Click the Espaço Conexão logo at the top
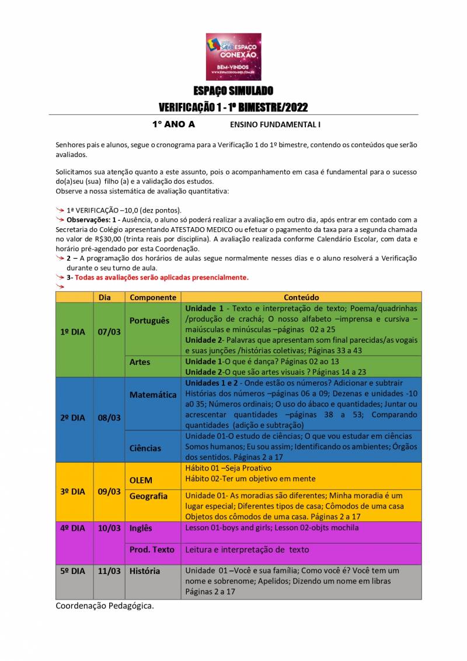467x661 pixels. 233,56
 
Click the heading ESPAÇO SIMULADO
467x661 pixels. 233,91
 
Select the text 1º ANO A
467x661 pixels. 173,124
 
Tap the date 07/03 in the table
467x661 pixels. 109,332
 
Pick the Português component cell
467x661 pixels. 149,321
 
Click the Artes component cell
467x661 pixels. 140,362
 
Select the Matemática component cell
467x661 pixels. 153,395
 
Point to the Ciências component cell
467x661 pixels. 145,448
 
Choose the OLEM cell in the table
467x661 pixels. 141,480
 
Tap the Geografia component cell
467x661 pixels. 148,496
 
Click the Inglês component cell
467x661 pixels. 141,528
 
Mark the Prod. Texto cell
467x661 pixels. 152,549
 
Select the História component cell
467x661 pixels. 145,570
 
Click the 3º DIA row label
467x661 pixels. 72,492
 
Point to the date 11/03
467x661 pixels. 109,570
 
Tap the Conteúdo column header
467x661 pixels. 301,297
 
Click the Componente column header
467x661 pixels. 153,297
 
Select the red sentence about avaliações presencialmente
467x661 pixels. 161,277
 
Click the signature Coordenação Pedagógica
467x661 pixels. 105,606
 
